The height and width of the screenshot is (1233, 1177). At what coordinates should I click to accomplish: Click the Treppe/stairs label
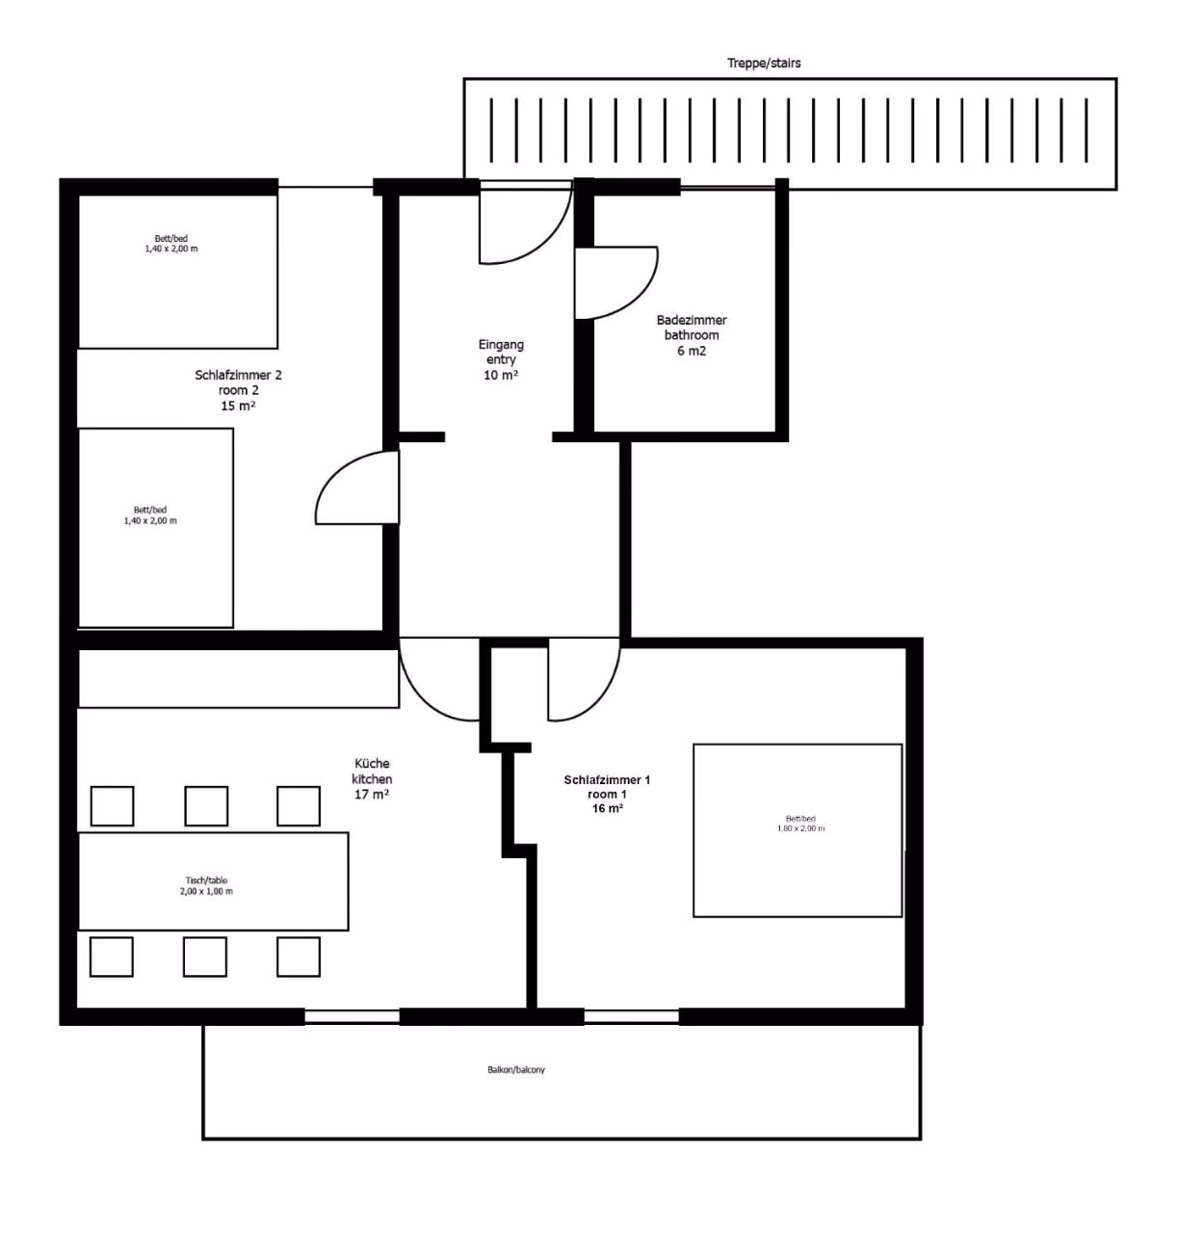pyautogui.click(x=764, y=63)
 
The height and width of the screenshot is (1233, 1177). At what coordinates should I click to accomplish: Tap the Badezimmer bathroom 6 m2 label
pyautogui.click(x=692, y=335)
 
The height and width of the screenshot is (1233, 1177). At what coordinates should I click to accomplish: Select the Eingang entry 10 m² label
pyautogui.click(x=501, y=359)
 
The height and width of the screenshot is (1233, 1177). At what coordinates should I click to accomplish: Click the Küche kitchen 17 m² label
pyautogui.click(x=372, y=778)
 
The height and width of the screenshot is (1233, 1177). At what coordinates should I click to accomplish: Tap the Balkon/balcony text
pyautogui.click(x=515, y=1069)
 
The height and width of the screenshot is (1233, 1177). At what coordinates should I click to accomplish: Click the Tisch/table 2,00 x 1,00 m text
pyautogui.click(x=206, y=886)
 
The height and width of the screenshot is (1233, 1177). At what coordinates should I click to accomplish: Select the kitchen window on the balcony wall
pyautogui.click(x=352, y=1017)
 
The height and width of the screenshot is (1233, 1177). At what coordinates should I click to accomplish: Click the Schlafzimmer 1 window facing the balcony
pyautogui.click(x=632, y=1017)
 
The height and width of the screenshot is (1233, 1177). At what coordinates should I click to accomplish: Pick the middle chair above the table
pyautogui.click(x=206, y=806)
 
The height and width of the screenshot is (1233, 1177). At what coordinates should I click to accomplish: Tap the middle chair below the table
pyautogui.click(x=204, y=957)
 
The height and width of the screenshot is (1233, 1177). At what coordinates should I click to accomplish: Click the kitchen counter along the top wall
pyautogui.click(x=238, y=678)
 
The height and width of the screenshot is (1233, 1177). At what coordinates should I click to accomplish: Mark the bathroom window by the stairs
pyautogui.click(x=728, y=188)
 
